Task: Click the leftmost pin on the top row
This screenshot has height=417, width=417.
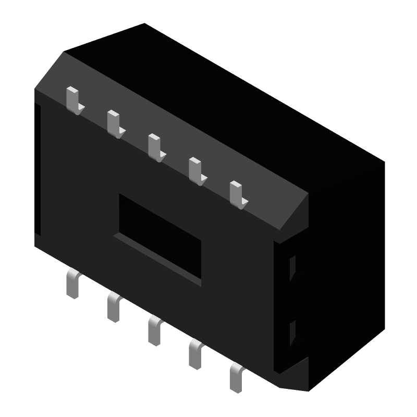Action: click(73, 100)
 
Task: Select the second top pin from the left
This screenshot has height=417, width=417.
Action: click(114, 123)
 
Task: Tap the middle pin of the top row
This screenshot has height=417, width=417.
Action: click(155, 146)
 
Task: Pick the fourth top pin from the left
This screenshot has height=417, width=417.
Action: click(195, 170)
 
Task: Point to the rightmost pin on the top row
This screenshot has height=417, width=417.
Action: click(236, 193)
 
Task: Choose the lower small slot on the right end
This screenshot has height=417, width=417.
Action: click(292, 334)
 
